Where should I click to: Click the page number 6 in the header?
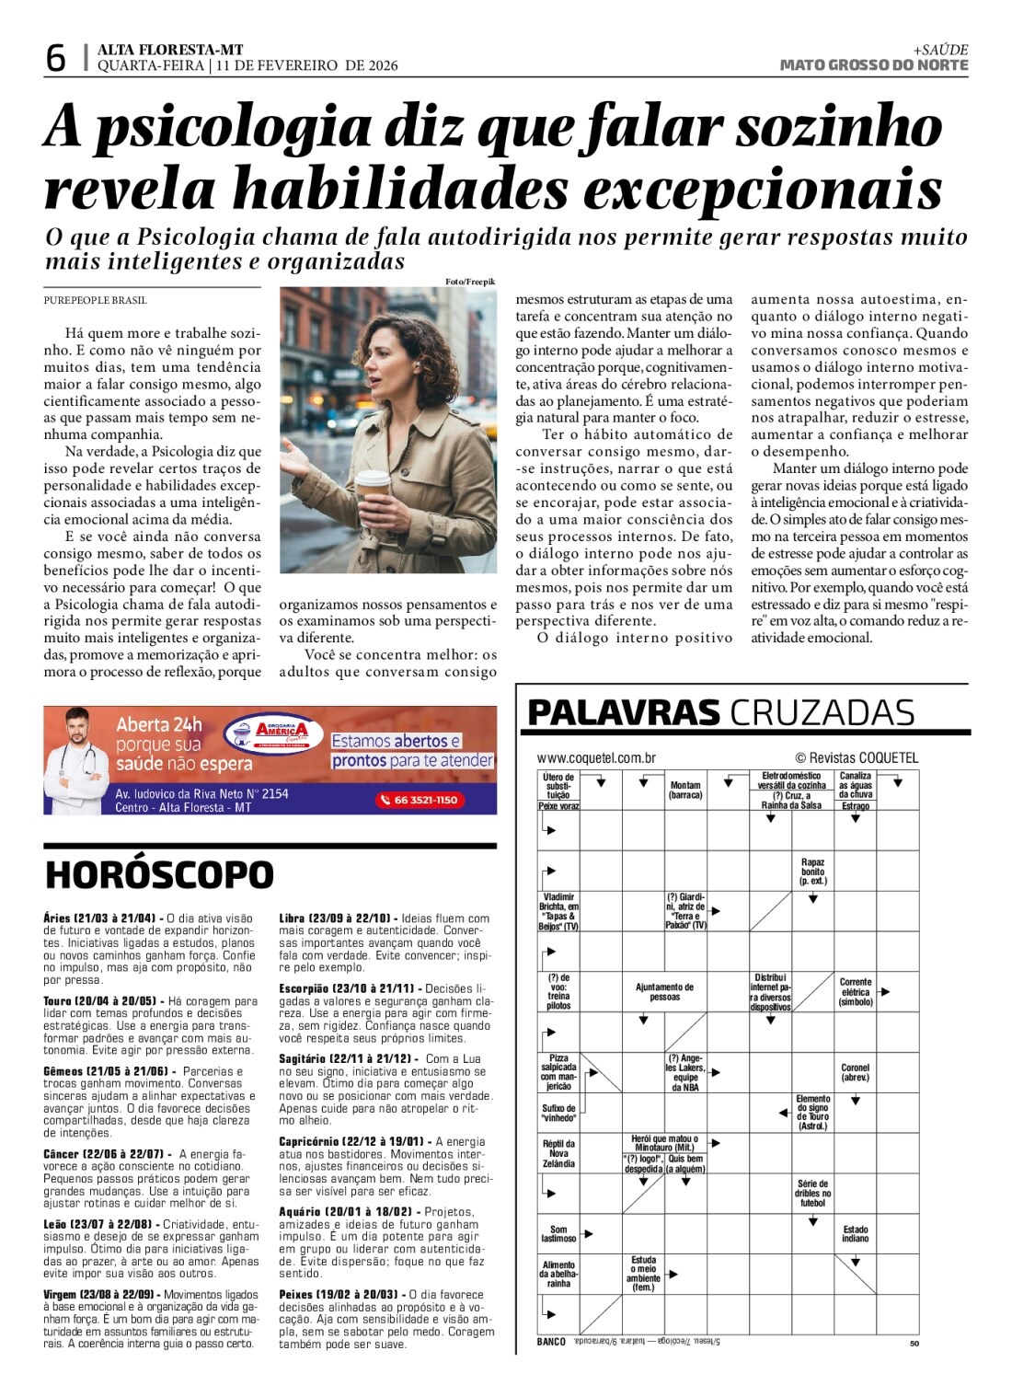[56, 58]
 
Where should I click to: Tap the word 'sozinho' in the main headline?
[838, 126]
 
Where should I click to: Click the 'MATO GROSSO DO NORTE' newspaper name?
[873, 65]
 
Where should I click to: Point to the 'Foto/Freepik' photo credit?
[469, 282]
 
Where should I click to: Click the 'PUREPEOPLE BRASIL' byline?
[95, 300]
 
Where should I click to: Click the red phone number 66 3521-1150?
[420, 800]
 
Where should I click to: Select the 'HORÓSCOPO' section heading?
[159, 875]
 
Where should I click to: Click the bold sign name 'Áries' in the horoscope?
[57, 918]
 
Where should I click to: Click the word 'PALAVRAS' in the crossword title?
[624, 713]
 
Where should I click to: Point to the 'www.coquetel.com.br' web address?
[596, 758]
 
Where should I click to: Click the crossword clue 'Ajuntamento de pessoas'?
[664, 992]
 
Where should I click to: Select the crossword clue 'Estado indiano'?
[855, 1234]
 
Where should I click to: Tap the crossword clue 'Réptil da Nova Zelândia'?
[558, 1154]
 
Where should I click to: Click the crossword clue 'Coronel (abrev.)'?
[855, 1072]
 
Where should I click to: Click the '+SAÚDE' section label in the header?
[940, 50]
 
